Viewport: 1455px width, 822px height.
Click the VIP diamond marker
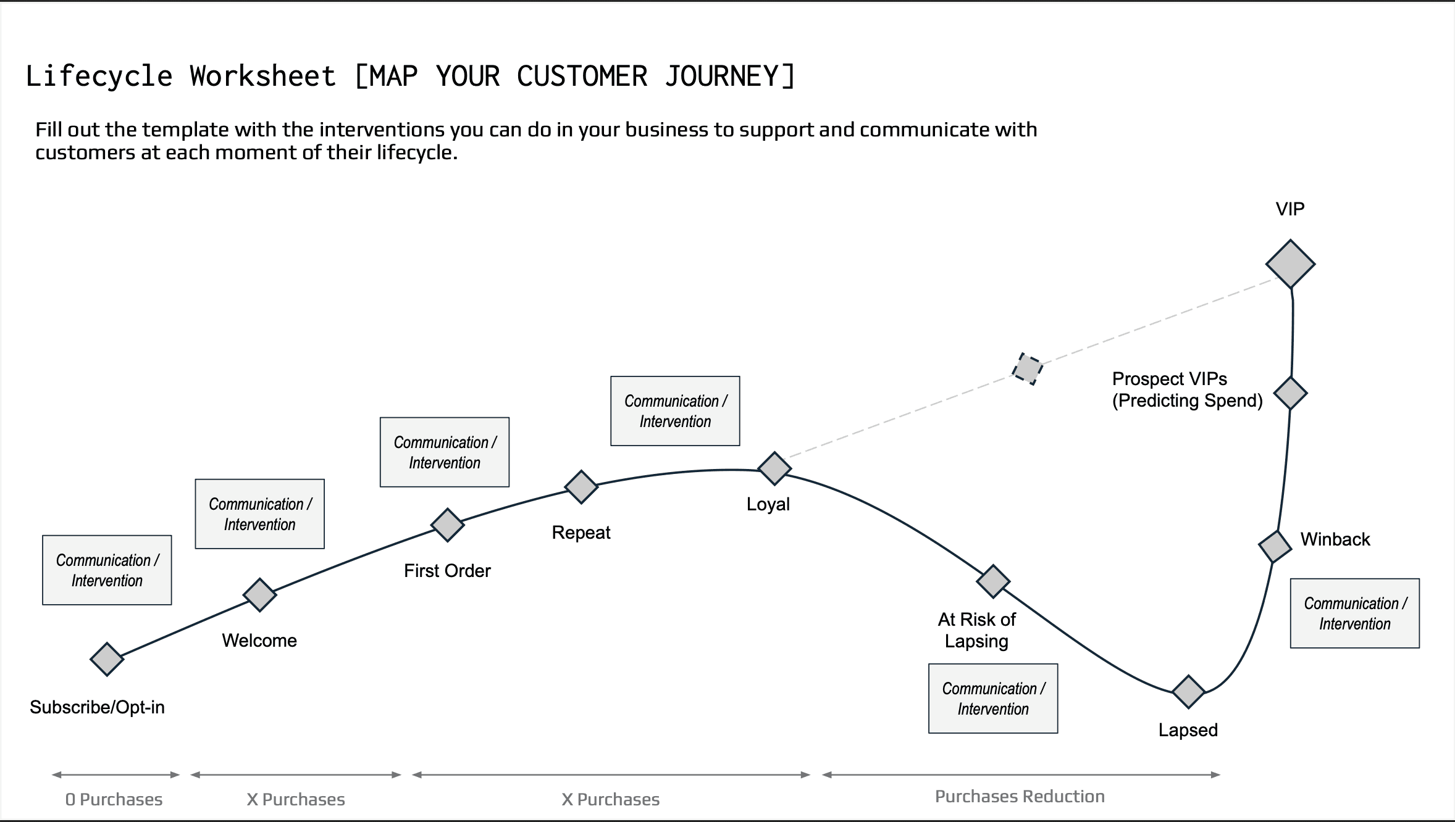[x=1290, y=264]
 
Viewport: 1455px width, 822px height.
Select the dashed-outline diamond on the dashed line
[x=1028, y=369]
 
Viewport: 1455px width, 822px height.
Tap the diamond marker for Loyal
[x=774, y=468]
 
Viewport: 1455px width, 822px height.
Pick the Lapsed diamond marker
[x=1188, y=692]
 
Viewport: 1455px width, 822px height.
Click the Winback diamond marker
[x=1275, y=546]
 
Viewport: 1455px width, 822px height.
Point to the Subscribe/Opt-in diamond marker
[x=107, y=659]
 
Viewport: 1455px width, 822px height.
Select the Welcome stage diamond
[x=259, y=595]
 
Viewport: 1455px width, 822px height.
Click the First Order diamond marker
[x=447, y=525]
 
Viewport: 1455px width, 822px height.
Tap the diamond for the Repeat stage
[x=581, y=487]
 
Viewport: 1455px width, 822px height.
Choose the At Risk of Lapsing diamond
[x=993, y=581]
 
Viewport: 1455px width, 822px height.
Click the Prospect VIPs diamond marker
[x=1291, y=393]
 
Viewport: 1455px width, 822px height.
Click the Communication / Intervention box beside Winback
[x=1355, y=613]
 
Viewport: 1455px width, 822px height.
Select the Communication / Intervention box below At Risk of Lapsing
[x=993, y=699]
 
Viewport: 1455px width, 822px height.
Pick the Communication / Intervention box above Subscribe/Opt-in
[x=107, y=570]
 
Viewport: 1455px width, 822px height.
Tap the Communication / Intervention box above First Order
[x=445, y=452]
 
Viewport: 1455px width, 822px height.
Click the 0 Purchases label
[x=114, y=799]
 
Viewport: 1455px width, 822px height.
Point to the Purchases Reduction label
[x=1020, y=796]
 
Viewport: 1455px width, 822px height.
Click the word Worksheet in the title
[x=263, y=77]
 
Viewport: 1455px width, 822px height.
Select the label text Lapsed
[x=1188, y=730]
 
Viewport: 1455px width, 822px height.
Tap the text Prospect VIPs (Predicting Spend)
[x=1187, y=389]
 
